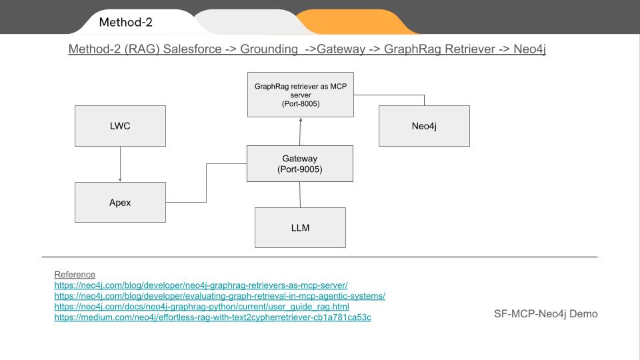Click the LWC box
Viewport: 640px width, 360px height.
click(120, 126)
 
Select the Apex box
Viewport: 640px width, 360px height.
click(120, 203)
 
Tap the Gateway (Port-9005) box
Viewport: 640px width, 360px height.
click(299, 164)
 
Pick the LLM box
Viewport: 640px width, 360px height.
click(300, 227)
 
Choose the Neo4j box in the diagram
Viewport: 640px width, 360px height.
click(424, 126)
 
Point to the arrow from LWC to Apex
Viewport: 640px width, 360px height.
click(120, 164)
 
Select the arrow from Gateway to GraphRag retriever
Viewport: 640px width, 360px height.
click(301, 131)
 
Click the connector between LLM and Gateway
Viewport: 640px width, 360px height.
click(300, 194)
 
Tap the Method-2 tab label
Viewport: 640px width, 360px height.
click(126, 23)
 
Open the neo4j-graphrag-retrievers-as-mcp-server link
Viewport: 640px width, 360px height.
click(201, 285)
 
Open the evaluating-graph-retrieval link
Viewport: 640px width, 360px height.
click(219, 296)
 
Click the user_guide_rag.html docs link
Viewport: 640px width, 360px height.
click(201, 307)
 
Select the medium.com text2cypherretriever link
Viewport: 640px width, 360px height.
click(213, 317)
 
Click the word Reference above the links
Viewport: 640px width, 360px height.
click(75, 275)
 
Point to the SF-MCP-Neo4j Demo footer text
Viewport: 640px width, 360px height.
click(545, 313)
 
